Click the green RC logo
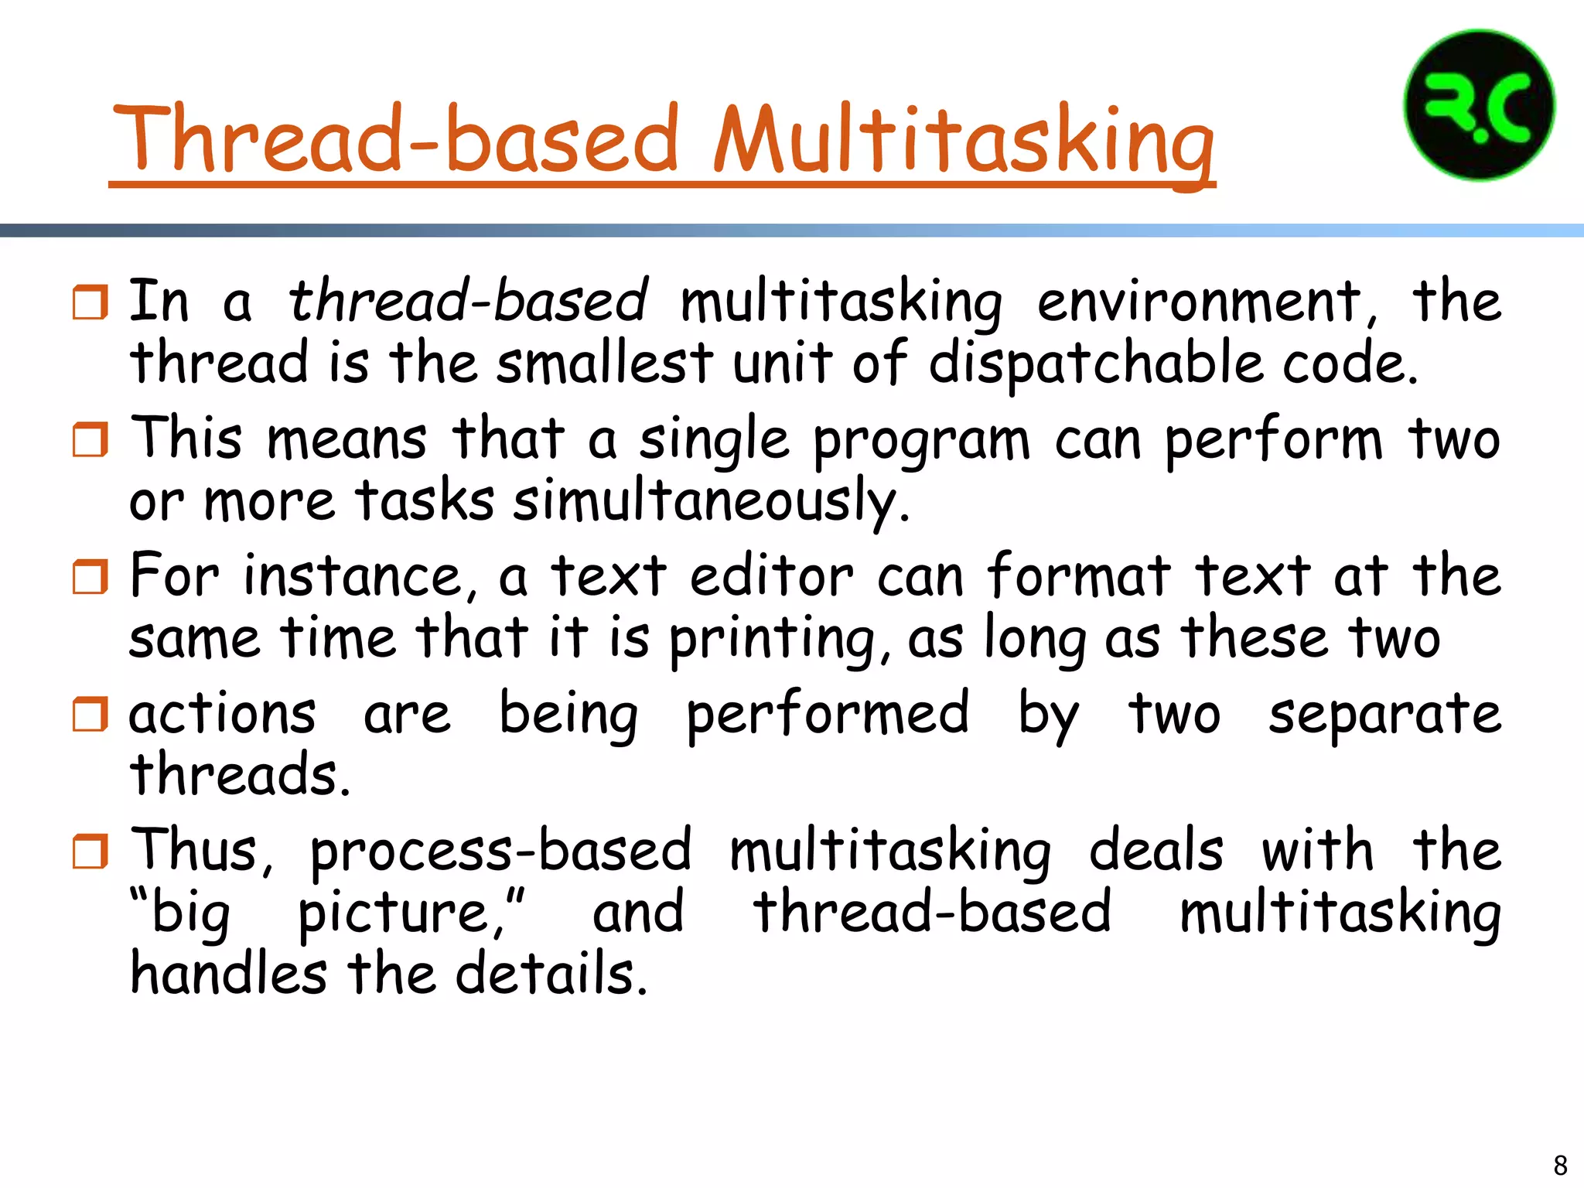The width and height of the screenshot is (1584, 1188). coord(1479,106)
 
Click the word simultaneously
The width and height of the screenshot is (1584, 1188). coord(712,501)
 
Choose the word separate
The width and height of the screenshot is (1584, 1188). coord(1384,714)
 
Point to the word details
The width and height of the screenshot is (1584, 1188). coord(551,974)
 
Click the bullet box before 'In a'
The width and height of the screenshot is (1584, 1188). coord(90,302)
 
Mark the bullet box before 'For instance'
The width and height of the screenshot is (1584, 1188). coord(90,577)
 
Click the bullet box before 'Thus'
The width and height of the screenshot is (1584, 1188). coord(90,852)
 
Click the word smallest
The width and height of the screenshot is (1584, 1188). coord(604,363)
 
